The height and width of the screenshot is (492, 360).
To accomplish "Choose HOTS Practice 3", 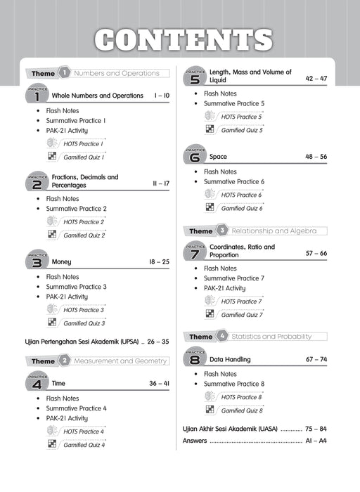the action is [x=83, y=310].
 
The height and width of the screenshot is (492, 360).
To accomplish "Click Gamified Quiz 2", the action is [x=84, y=235].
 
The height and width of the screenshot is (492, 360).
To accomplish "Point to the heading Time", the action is [x=59, y=384].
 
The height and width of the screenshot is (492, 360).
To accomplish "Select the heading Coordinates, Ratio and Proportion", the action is [x=242, y=251].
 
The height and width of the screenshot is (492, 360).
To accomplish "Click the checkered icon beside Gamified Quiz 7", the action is [x=210, y=314].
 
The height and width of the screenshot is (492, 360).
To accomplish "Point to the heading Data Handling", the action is [x=230, y=359].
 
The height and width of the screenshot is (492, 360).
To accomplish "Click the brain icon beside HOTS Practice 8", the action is [x=210, y=396].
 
